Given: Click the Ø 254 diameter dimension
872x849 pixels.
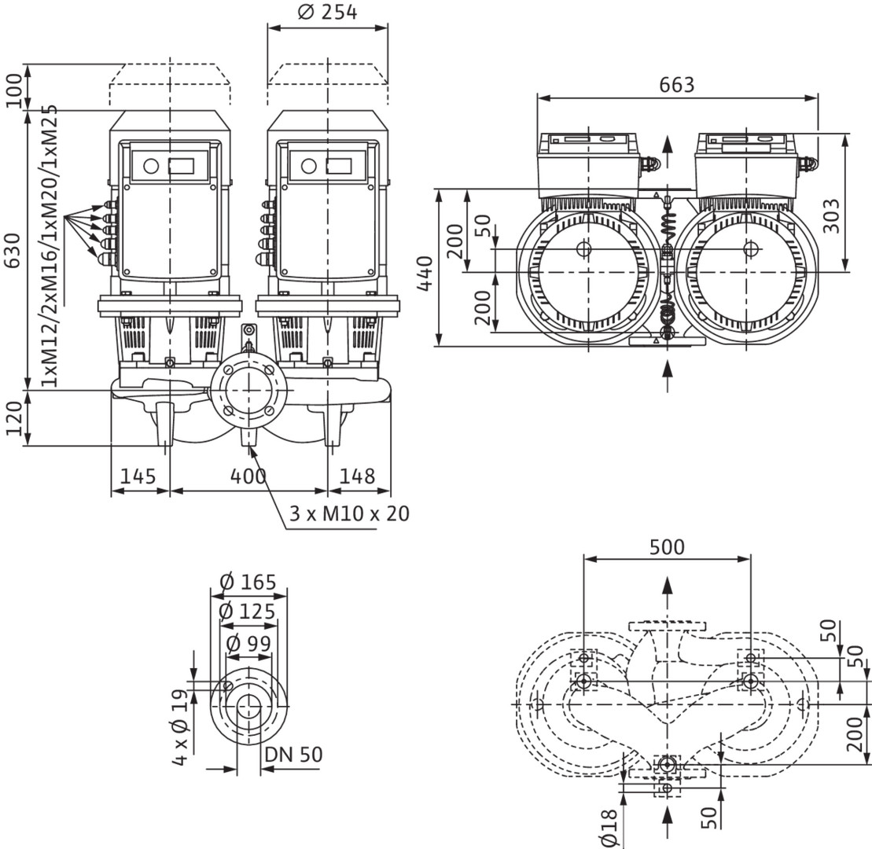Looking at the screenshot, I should click(x=327, y=13).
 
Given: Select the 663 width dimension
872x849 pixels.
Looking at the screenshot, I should click(x=677, y=85).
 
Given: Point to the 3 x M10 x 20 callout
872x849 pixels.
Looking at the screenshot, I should click(x=349, y=514).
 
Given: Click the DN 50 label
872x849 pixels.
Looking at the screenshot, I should click(x=293, y=755).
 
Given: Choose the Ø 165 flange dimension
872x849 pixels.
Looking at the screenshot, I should click(x=248, y=583).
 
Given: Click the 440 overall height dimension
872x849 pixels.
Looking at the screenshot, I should click(x=425, y=272).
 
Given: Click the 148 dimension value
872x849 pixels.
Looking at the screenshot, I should click(x=358, y=476).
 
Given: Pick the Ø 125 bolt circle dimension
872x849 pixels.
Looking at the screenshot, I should click(x=248, y=612).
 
